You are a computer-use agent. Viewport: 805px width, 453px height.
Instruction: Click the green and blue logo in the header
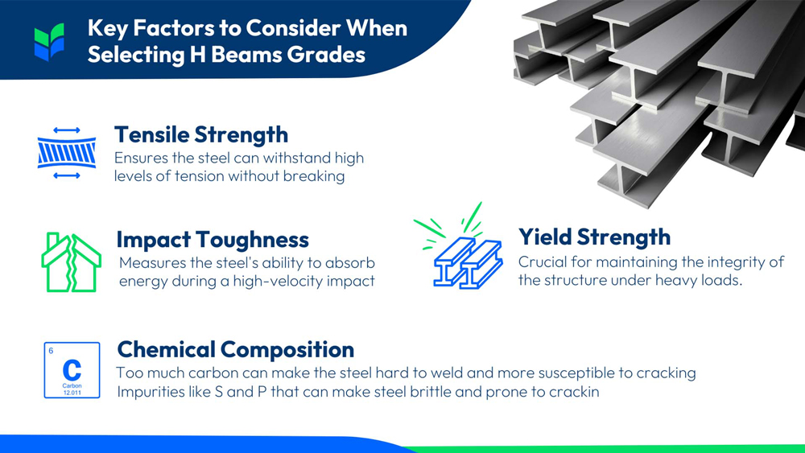pyautogui.click(x=49, y=42)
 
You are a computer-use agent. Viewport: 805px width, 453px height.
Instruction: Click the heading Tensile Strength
pyautogui.click(x=200, y=134)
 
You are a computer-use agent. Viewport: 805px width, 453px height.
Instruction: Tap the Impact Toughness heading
pyautogui.click(x=213, y=240)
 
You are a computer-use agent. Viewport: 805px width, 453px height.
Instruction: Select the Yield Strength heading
pyautogui.click(x=594, y=237)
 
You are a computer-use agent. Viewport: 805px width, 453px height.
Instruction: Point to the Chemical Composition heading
pyautogui.click(x=235, y=350)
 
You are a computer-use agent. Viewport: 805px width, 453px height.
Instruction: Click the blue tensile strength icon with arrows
pyautogui.click(x=67, y=152)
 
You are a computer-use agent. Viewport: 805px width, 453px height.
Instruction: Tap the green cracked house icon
pyautogui.click(x=71, y=262)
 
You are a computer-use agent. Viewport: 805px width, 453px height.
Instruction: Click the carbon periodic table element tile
pyautogui.click(x=72, y=369)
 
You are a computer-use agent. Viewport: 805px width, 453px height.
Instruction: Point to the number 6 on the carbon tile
pyautogui.click(x=52, y=351)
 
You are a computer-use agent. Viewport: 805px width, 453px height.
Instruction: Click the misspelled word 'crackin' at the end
pyautogui.click(x=572, y=393)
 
